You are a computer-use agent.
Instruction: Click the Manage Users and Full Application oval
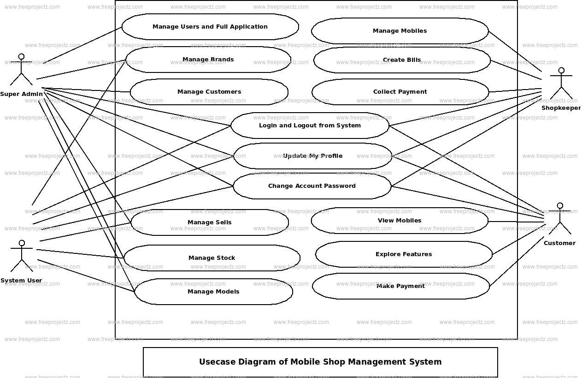[210, 27]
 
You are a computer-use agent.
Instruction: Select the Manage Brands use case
[208, 60]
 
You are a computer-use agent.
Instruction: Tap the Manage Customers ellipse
[209, 92]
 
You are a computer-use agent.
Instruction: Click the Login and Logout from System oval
[310, 126]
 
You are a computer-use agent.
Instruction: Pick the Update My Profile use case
[313, 156]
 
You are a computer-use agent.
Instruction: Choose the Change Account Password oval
[312, 186]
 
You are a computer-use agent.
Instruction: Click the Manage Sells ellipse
[210, 222]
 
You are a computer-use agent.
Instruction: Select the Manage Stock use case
[212, 258]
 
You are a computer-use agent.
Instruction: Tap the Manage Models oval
[213, 292]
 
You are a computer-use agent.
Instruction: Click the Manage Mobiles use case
[400, 31]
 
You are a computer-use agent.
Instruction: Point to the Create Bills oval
[402, 60]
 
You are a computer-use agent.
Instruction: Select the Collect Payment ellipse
[400, 92]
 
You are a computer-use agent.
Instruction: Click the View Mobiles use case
[400, 221]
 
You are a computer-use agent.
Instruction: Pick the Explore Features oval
[404, 254]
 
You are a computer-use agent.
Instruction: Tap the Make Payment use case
[401, 286]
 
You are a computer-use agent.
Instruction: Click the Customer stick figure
[560, 219]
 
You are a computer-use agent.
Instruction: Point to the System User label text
[21, 281]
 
